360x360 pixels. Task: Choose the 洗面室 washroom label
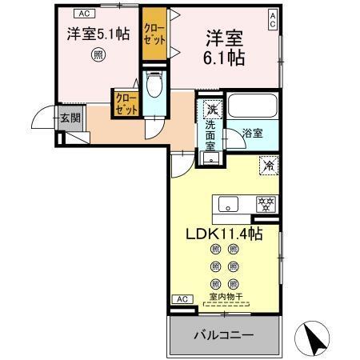210,136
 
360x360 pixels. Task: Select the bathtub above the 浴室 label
251,106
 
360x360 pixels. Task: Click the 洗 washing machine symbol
211,108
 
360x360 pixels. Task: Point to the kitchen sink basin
230,205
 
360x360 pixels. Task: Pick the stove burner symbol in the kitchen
265,205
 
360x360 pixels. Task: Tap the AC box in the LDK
182,299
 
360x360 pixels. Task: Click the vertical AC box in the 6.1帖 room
273,20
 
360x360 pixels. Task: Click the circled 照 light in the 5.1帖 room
98,54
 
